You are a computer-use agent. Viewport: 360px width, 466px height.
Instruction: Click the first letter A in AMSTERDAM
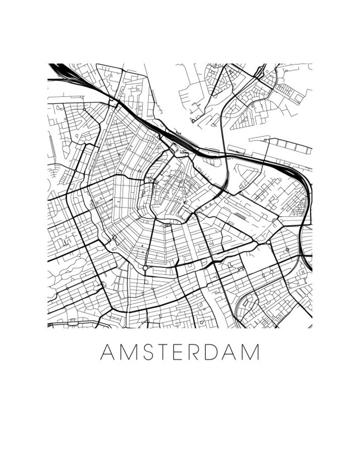click(x=106, y=352)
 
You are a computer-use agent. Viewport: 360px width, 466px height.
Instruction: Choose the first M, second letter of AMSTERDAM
click(x=126, y=352)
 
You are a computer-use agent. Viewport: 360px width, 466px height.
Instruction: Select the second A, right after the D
click(x=232, y=352)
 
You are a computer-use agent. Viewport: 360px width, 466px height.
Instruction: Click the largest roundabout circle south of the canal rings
click(x=145, y=268)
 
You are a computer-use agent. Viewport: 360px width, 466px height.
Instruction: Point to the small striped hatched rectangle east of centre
click(x=240, y=217)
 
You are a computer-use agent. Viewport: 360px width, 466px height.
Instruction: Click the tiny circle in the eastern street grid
click(x=287, y=250)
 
